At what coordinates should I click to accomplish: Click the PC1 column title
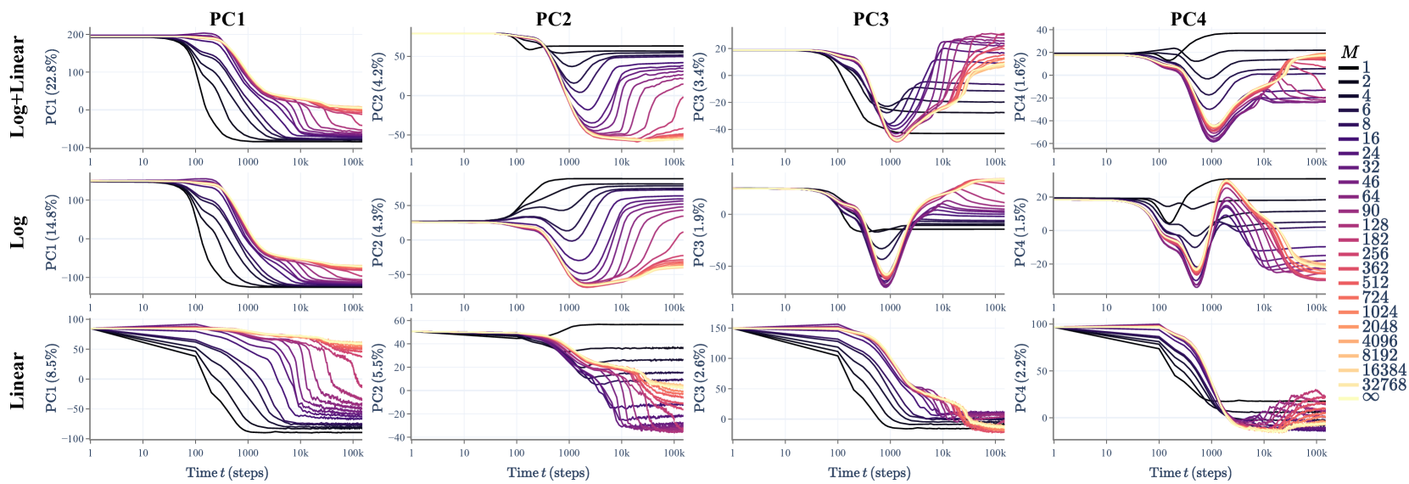[x=227, y=19]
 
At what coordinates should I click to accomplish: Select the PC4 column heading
[x=1188, y=19]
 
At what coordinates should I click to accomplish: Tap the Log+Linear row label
[x=18, y=87]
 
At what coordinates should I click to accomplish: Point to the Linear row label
[x=18, y=380]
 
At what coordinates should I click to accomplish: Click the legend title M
[x=1349, y=53]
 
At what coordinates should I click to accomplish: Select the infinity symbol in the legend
[x=1370, y=397]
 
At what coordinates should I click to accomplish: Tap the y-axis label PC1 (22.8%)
[x=53, y=87]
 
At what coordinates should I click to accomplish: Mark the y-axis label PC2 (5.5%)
[x=377, y=380]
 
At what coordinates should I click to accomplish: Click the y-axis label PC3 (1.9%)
[x=699, y=234]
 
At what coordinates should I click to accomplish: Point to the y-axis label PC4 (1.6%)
[x=1020, y=87]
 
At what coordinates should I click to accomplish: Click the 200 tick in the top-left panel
[x=75, y=35]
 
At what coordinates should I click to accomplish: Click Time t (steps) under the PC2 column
[x=548, y=473]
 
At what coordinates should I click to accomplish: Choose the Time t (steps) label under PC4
[x=1190, y=473]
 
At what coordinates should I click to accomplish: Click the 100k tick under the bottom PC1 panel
[x=353, y=453]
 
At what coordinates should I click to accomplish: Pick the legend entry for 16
[x=1370, y=138]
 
